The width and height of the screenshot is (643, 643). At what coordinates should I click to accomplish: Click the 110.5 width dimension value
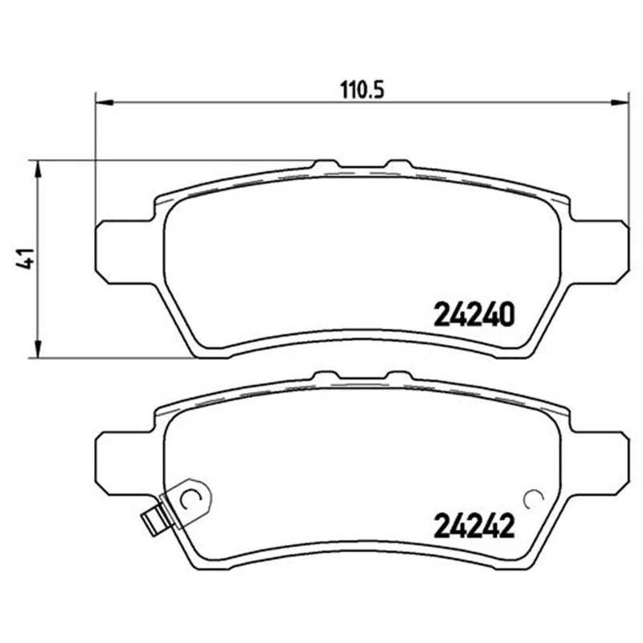point(362,90)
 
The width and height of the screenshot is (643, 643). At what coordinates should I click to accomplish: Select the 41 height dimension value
point(25,259)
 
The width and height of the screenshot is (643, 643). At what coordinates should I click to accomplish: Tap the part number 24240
point(473,314)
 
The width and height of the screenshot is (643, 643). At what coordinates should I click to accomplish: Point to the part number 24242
point(473,526)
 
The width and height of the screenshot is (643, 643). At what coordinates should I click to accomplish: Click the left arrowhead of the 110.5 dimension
point(104,103)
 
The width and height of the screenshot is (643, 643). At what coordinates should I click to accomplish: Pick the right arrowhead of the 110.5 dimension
point(620,103)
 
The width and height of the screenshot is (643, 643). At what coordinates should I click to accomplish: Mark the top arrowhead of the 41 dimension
point(37,169)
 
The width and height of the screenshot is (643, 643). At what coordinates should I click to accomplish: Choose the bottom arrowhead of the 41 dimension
point(37,349)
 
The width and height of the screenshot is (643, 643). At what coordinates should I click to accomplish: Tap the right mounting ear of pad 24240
point(599,252)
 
